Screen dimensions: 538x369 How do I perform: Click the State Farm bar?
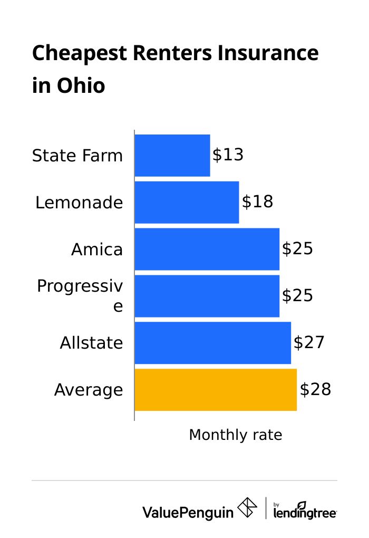(172, 156)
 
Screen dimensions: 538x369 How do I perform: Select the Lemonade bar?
(187, 202)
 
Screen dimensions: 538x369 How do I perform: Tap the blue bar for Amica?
(207, 249)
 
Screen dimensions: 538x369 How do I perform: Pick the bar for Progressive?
(207, 296)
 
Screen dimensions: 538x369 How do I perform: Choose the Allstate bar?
(212, 343)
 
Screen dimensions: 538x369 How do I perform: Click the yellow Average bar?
(216, 390)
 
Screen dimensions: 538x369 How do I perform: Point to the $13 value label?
(228, 155)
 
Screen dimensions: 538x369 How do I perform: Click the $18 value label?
(257, 202)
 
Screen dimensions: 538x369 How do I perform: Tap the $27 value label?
(309, 343)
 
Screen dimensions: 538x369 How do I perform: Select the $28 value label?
(315, 390)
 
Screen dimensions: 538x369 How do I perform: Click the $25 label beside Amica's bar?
(297, 249)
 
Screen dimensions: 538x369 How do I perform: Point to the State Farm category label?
(77, 156)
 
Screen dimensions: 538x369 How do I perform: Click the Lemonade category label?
(79, 203)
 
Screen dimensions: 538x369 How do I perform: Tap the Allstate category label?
(91, 343)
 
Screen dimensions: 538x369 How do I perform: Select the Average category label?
(89, 390)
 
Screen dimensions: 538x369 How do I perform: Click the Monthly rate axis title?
(236, 435)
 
